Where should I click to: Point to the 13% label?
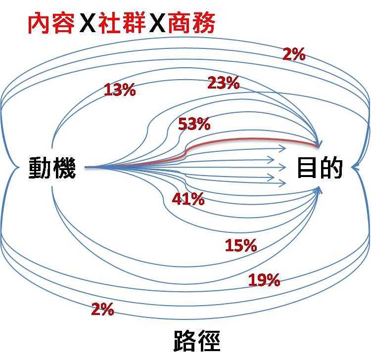120,90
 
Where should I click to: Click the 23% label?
224,83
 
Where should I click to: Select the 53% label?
194,124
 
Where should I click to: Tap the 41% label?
188,199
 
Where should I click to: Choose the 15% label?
241,245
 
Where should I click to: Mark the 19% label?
264,280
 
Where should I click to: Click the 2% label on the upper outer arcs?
294,54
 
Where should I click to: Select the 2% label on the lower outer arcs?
103,310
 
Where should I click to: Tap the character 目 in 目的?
308,168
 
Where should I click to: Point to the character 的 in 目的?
331,168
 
